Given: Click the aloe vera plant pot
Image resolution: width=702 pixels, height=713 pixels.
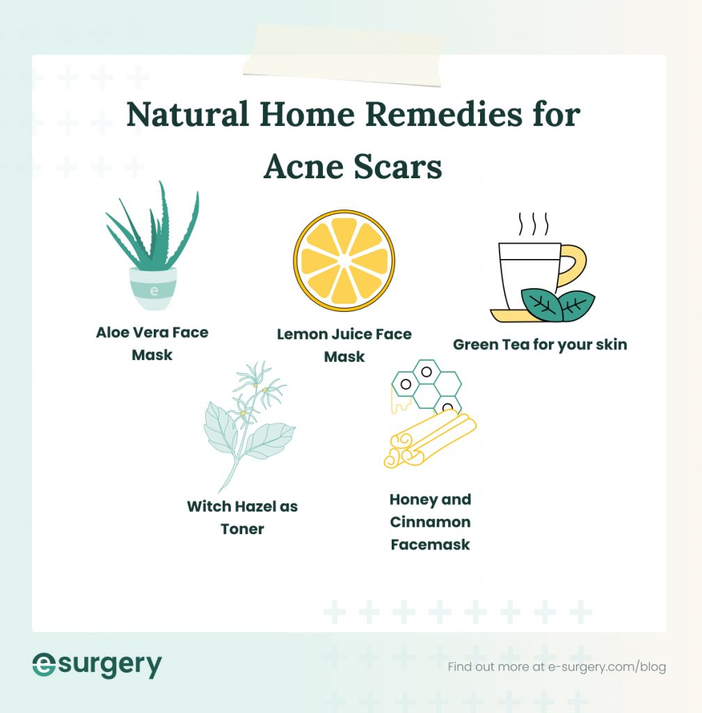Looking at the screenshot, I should tap(153, 288).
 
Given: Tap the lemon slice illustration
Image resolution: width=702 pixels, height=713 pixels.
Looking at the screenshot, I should tap(344, 260).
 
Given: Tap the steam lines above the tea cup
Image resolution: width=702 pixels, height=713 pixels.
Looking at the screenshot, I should tap(534, 224).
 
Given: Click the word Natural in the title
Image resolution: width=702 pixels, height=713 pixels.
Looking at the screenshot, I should tap(187, 114).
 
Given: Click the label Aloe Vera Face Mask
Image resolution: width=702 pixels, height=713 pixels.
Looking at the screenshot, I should tap(152, 343).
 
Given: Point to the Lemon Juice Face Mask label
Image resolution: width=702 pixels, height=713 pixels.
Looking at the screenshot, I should tap(344, 345).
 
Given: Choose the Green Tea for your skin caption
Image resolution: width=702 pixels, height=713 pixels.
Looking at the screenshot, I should tap(540, 344).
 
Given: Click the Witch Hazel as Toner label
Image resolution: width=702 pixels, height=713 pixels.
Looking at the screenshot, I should tap(242, 517).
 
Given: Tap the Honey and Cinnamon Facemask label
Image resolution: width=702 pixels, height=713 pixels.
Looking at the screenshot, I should tap(430, 522).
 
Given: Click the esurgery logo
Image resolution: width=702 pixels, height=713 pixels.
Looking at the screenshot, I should tap(97, 665).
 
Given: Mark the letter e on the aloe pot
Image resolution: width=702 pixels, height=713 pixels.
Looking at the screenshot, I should tap(154, 289).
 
